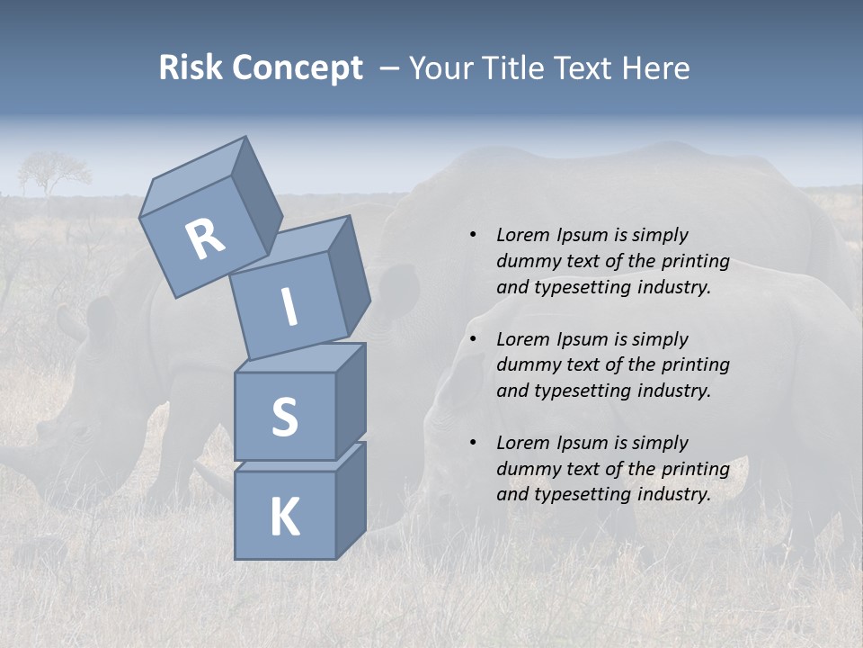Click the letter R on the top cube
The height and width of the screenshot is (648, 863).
206,238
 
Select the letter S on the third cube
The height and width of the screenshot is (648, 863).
284,417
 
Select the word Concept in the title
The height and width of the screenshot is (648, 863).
298,69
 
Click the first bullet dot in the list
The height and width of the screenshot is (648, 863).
473,235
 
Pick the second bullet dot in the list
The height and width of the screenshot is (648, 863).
473,339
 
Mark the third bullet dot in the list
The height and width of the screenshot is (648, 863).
473,443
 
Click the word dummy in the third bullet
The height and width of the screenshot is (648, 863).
527,469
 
